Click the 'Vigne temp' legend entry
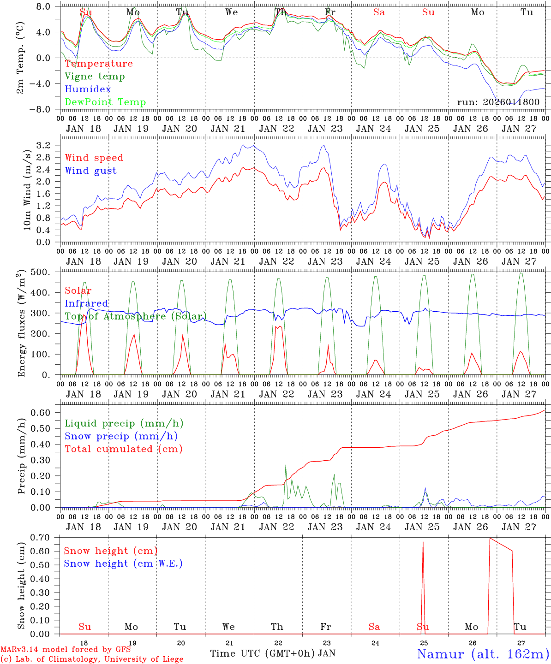click(95, 77)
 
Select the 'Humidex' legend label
click(88, 89)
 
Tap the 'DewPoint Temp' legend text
click(105, 102)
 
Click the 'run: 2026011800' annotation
click(498, 102)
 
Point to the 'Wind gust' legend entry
click(90, 171)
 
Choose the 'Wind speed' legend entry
click(94, 158)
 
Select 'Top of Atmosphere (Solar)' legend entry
click(135, 316)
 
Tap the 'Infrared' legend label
click(86, 303)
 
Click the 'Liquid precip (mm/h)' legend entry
click(124, 423)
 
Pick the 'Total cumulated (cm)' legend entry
click(123, 449)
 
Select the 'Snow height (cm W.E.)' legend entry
click(123, 563)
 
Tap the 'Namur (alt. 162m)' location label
click(483, 654)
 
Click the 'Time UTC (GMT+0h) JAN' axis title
click(272, 653)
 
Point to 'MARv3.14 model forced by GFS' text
click(66, 650)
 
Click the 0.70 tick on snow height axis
click(45, 537)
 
